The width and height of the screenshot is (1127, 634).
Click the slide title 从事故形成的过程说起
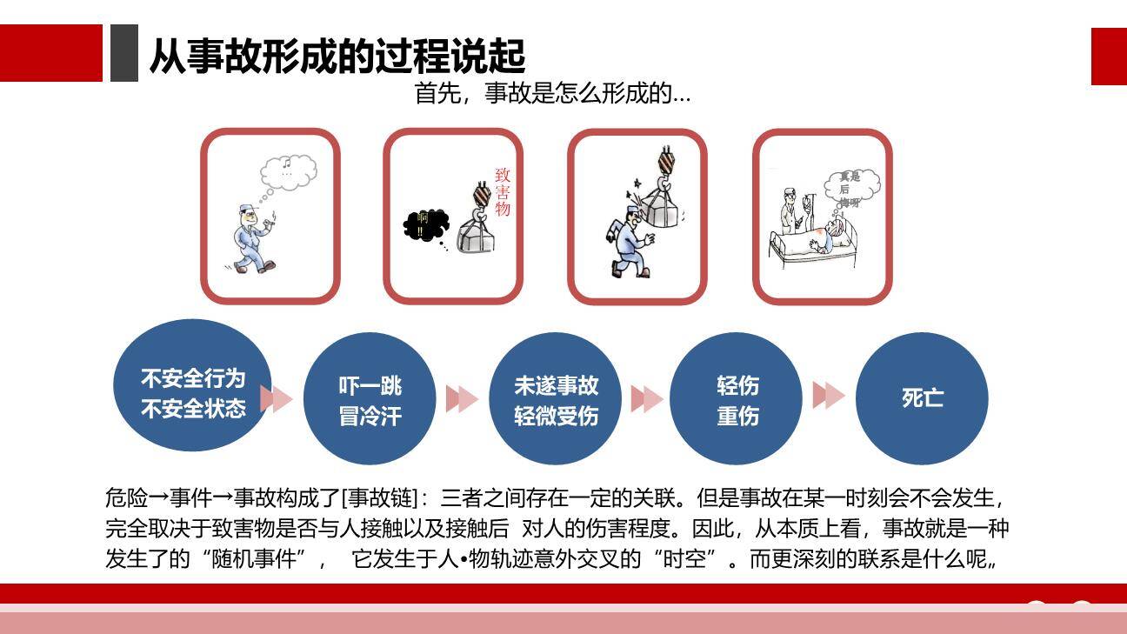(x=337, y=56)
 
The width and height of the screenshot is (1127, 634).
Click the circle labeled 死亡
(x=922, y=398)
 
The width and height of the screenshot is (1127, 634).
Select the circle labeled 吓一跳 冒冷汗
(x=370, y=400)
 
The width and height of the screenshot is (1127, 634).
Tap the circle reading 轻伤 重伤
(x=737, y=400)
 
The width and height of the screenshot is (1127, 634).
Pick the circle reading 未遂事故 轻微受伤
(x=556, y=400)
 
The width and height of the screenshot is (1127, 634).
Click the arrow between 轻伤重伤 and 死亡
(x=828, y=396)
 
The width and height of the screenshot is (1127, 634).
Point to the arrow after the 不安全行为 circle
(x=276, y=399)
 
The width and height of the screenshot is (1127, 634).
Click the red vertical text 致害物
(x=502, y=192)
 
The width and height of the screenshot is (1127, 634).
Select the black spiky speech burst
(x=425, y=225)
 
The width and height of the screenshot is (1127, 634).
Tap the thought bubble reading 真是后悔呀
(x=850, y=188)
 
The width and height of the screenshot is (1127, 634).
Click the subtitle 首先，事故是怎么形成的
(x=552, y=93)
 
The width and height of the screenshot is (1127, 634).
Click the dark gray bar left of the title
(x=123, y=53)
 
